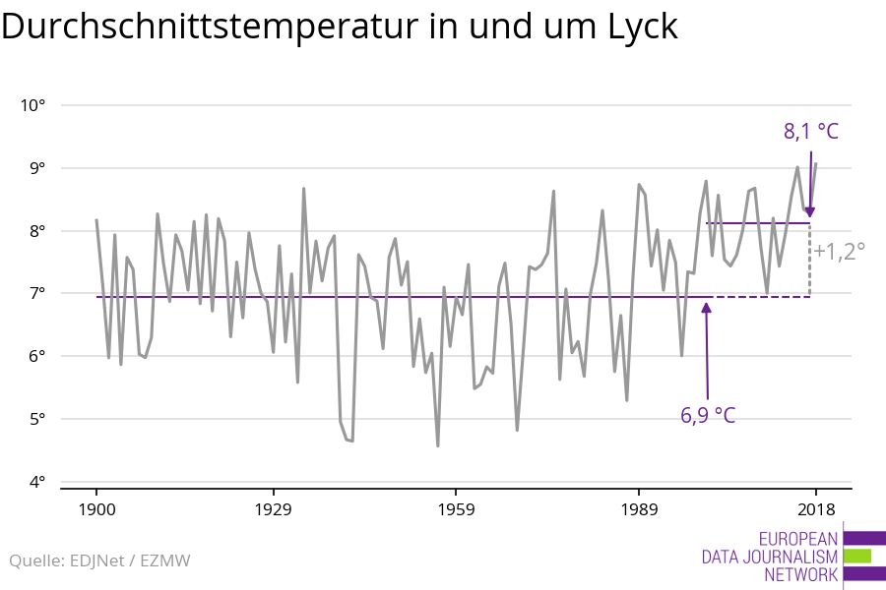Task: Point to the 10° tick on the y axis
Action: click(x=34, y=105)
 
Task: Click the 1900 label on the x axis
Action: click(x=96, y=509)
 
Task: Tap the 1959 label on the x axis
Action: click(x=455, y=509)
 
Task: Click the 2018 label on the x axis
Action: click(x=815, y=509)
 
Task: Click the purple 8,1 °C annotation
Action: click(x=811, y=131)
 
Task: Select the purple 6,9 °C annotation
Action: click(x=708, y=415)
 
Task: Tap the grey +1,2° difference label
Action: click(x=839, y=251)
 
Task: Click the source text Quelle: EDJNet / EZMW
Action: click(x=99, y=561)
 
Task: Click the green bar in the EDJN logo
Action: click(x=857, y=557)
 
